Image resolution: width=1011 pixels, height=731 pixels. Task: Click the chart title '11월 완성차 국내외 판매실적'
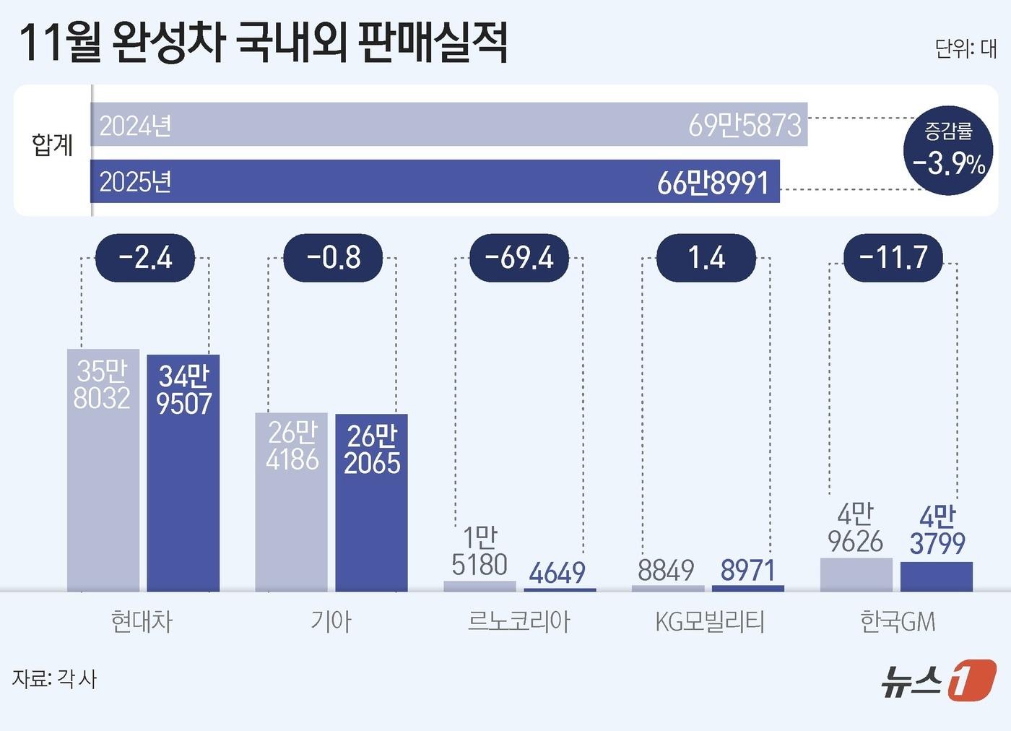click(263, 43)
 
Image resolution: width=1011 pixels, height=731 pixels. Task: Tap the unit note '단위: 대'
click(965, 49)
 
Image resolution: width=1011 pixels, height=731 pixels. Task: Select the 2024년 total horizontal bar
click(448, 124)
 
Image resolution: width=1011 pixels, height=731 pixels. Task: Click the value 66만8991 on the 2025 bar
click(713, 183)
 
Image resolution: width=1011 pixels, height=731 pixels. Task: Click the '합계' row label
click(52, 145)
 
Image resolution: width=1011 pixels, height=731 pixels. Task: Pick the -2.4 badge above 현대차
click(145, 258)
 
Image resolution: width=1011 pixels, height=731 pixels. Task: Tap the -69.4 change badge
click(518, 258)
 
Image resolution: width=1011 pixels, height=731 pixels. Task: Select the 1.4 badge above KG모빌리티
click(706, 258)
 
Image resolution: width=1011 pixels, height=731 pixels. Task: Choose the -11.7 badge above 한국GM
click(893, 258)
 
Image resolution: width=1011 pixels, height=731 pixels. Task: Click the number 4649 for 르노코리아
click(557, 574)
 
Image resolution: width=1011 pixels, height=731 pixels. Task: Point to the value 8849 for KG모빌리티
click(665, 571)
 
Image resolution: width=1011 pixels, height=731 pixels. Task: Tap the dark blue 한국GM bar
click(936, 576)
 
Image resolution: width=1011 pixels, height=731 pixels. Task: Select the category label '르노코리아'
click(518, 621)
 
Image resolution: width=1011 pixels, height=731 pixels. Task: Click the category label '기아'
click(331, 621)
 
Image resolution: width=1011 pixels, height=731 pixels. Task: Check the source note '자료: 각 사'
click(54, 679)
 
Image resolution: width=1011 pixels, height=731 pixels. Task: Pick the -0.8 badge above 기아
click(333, 258)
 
